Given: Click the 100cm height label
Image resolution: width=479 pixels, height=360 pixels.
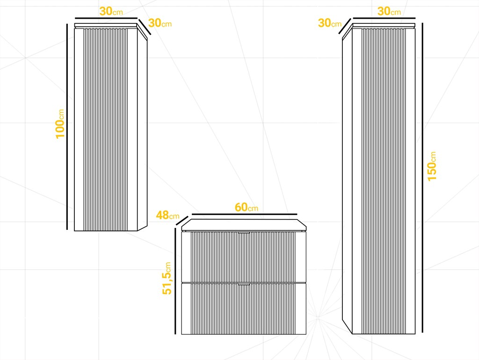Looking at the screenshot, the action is (60, 124).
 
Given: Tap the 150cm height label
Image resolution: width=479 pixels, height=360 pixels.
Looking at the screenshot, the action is (432, 167).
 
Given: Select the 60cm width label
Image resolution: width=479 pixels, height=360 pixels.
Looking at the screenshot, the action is (246, 207).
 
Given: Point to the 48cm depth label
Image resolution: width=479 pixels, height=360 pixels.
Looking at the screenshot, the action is (167, 215).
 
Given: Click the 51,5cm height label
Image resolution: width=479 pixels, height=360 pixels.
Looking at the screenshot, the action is (167, 279).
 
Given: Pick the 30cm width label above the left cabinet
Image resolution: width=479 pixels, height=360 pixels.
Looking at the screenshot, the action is (111, 11).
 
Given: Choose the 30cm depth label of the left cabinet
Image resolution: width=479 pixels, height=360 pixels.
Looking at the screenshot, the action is (160, 23).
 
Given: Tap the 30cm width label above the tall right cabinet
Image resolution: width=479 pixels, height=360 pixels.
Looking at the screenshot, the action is (389, 11).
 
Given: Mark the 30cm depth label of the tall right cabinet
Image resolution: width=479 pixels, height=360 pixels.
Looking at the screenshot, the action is (330, 23).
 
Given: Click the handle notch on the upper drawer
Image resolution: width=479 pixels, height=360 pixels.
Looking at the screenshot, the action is (244, 233).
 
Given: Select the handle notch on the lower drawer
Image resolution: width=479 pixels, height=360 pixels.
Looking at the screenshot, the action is (244, 285).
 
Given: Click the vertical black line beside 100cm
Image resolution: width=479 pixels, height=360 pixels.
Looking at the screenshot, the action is (67, 127).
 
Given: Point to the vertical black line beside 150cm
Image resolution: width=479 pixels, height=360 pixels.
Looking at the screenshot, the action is (422, 177).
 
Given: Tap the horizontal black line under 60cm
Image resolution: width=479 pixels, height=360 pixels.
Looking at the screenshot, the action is (244, 214).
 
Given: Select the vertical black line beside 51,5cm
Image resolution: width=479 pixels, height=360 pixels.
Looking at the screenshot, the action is (175, 281).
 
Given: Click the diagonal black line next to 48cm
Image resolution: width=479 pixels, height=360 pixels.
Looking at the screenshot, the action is (182, 220).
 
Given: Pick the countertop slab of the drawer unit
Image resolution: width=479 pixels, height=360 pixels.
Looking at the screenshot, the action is (244, 225).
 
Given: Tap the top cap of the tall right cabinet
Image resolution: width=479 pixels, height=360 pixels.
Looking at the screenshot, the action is (384, 25).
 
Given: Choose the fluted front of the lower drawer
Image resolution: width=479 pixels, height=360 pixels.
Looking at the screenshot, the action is (244, 309).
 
